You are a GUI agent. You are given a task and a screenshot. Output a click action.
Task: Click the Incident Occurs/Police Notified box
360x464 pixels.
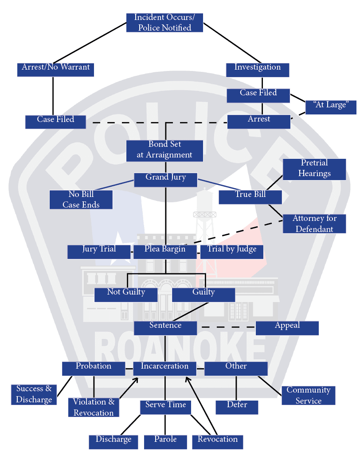tap(164, 23)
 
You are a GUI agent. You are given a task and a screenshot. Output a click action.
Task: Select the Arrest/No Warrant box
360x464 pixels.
tap(56, 69)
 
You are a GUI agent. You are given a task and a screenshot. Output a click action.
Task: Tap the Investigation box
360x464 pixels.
tap(257, 69)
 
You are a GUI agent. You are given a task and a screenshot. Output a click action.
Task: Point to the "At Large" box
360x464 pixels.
tap(331, 107)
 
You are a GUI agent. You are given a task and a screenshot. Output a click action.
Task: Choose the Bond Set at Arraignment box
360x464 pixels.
tap(164, 150)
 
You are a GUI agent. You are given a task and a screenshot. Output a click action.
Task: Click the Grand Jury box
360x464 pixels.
tap(165, 179)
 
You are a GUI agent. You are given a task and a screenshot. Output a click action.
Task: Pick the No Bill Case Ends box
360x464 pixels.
tap(81, 200)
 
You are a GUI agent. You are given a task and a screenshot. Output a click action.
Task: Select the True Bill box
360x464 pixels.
tap(250, 197)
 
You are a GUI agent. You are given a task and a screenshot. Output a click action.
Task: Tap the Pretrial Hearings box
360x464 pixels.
tap(314, 169)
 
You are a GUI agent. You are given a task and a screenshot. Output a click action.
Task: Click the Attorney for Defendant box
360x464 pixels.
tap(314, 224)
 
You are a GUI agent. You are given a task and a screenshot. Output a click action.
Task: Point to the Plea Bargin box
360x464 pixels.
tap(165, 251)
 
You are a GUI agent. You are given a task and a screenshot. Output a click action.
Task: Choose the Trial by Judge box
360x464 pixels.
tap(232, 251)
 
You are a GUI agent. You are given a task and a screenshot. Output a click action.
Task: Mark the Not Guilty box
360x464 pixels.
tap(126, 294)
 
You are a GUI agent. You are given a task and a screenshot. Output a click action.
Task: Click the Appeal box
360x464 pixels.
tap(287, 327)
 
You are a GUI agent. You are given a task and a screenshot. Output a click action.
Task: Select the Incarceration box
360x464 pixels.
tap(164, 368)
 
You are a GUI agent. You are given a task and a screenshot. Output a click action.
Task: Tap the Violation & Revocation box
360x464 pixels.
tap(94, 407)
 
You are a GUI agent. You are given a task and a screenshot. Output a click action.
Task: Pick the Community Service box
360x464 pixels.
tap(308, 395)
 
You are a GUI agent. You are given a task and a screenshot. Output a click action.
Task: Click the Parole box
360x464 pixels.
tap(165, 441)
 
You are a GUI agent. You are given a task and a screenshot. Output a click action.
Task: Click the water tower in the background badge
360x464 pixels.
tap(205, 213)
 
